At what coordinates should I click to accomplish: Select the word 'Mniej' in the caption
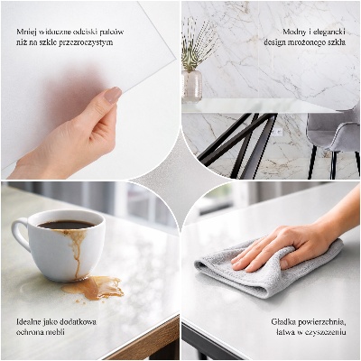(x=26, y=32)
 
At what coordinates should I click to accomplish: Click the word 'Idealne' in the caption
(x=30, y=321)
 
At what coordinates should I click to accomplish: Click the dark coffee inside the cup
(x=65, y=225)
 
